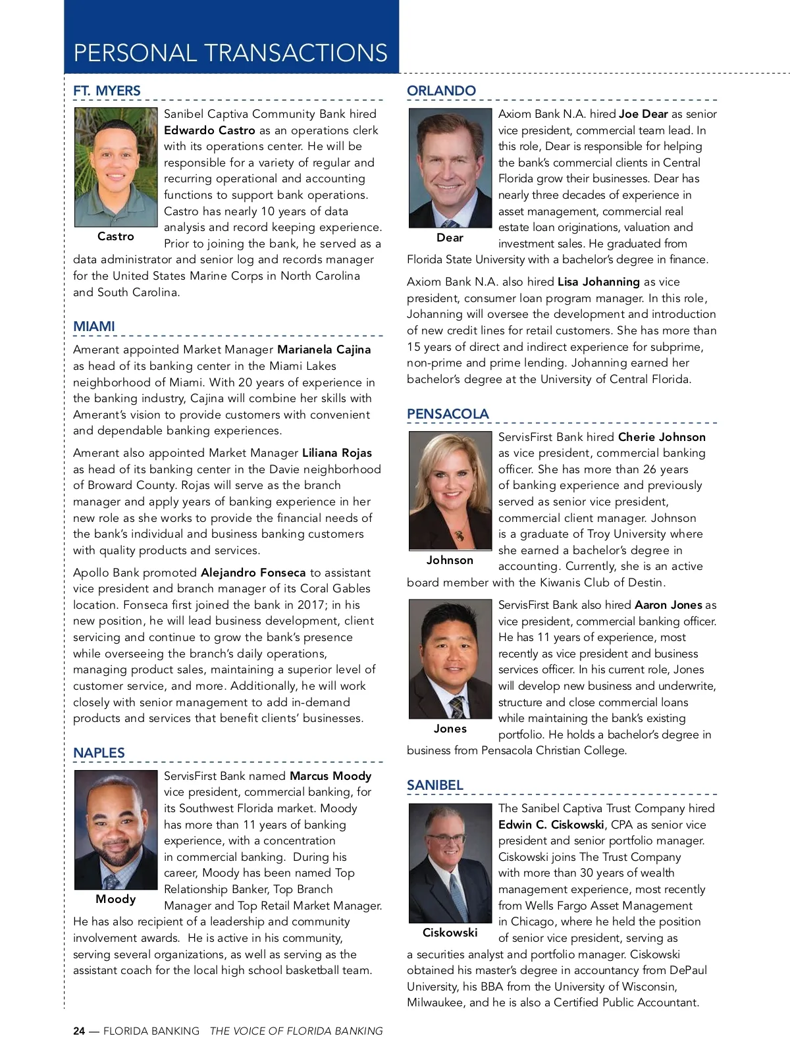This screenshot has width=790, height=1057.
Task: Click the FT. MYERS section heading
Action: coord(107,91)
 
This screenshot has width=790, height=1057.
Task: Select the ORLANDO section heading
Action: coord(441,91)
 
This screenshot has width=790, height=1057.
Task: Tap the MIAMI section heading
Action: coord(94,326)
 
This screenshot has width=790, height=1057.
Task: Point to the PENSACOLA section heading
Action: coord(448,414)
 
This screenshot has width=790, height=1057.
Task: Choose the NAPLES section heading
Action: coord(99,753)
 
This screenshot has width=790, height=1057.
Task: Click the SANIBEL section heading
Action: coord(434,785)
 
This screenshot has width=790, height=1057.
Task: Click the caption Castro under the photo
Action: coord(115,236)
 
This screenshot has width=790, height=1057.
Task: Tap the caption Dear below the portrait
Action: coord(450,238)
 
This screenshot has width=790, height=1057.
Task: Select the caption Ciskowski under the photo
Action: coord(450,933)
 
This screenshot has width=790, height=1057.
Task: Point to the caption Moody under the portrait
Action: coord(115,899)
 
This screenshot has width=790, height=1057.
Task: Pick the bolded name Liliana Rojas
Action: coord(337,453)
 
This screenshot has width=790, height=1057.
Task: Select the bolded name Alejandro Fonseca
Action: coord(253,573)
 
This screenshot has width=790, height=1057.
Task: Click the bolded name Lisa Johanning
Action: coord(598,282)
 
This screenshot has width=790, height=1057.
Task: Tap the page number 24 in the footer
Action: coord(79,1031)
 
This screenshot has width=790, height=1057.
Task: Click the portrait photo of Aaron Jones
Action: coord(450,658)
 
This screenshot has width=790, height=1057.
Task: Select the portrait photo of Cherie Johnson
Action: coord(450,490)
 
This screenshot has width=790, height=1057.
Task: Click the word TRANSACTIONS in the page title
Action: coord(296,53)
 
